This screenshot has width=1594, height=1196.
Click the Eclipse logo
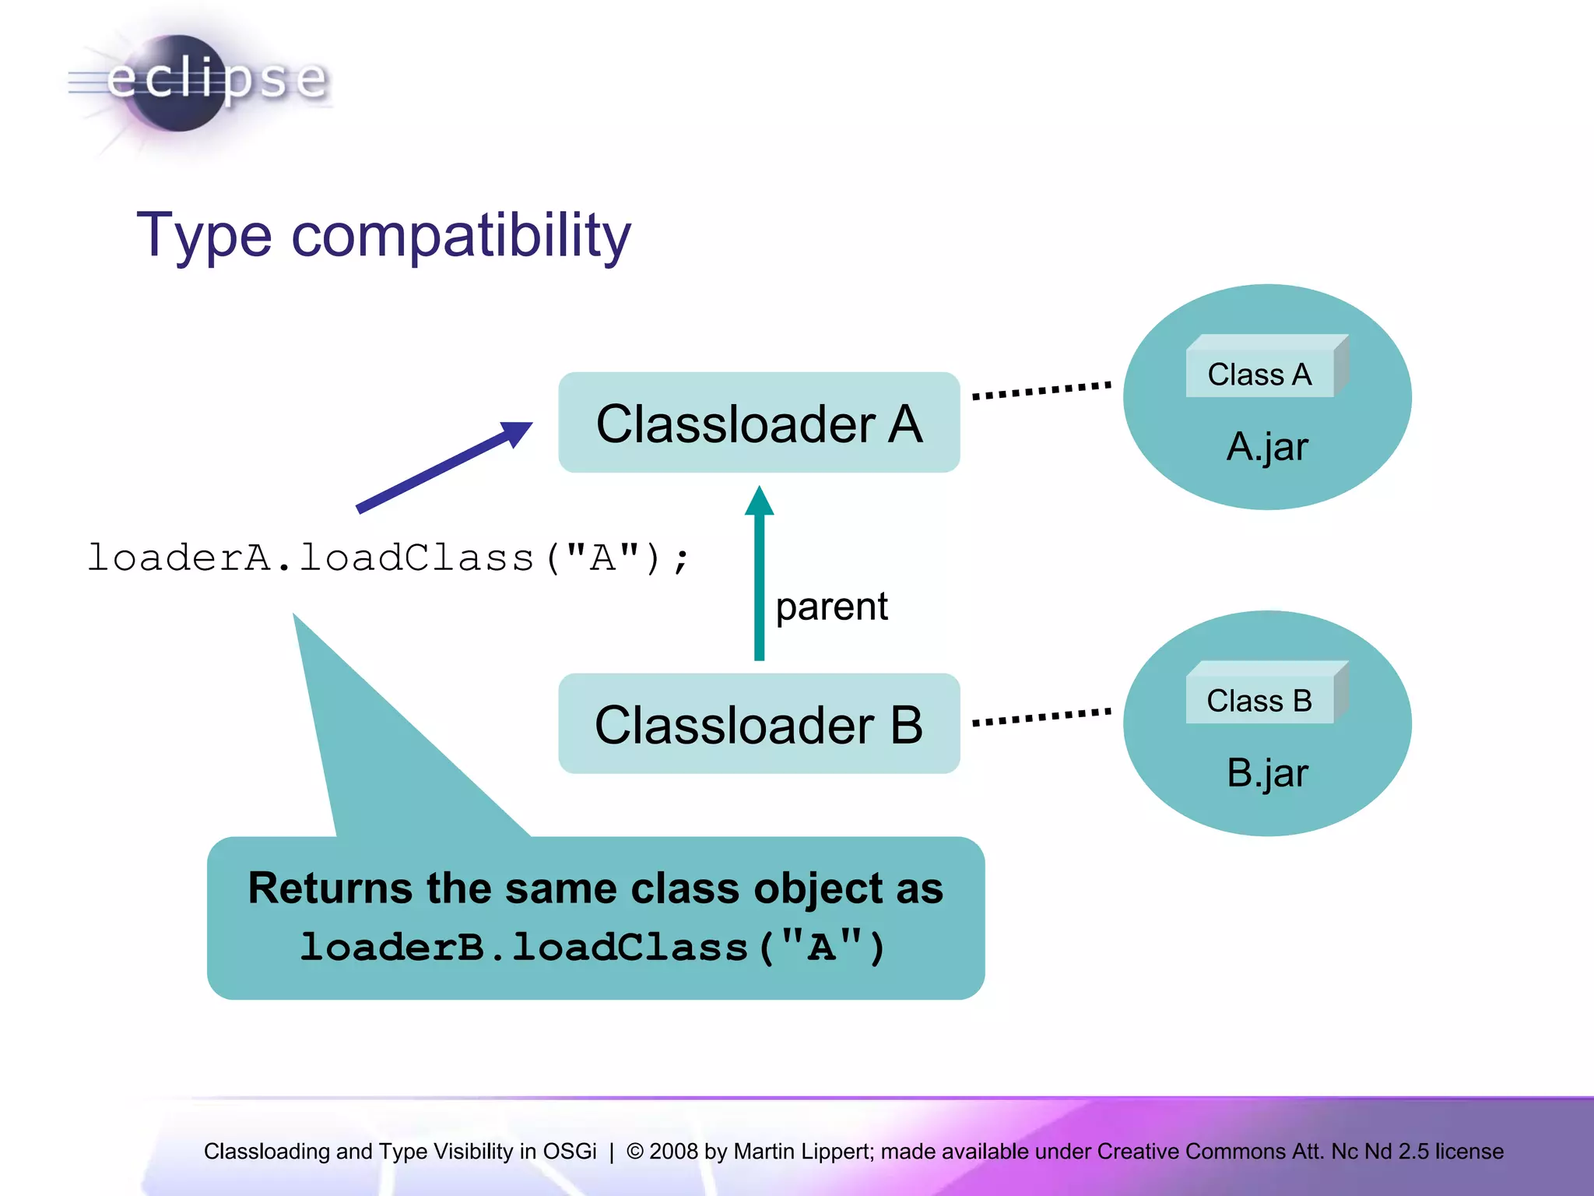click(198, 82)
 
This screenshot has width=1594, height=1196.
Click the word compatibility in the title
click(461, 235)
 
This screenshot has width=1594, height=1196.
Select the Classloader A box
click(759, 423)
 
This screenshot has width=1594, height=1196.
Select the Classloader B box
click(759, 724)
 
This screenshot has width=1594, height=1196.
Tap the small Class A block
click(1259, 375)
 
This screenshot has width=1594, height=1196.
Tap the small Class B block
click(1259, 701)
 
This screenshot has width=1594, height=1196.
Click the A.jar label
click(1267, 447)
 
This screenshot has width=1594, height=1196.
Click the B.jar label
click(1267, 773)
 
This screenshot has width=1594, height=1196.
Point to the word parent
click(831, 607)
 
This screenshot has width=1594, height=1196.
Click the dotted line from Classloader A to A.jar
click(1041, 390)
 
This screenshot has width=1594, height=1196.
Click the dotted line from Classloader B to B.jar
click(1041, 716)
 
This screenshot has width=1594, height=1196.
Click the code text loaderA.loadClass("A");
click(388, 558)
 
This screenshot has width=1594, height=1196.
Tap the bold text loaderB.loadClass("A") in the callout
click(593, 948)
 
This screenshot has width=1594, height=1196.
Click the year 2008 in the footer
click(673, 1151)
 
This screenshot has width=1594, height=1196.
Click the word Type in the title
click(204, 235)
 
